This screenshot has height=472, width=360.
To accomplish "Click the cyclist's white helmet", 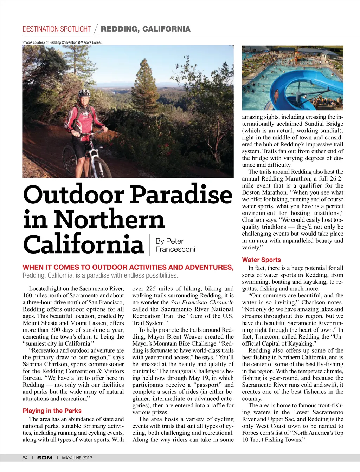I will coord(84,93).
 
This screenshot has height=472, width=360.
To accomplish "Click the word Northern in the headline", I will coord(109,219).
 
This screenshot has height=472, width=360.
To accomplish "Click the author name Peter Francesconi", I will coord(175,245).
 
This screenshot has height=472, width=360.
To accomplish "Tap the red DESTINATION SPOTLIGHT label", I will coord(57,29).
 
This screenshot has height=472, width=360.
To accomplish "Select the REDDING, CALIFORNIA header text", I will coord(146,29).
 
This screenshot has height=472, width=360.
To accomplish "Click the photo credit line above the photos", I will coord(62,42).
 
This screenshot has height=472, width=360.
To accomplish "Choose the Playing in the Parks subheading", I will coord(52,411).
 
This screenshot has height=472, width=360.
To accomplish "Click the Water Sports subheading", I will coord(261,260).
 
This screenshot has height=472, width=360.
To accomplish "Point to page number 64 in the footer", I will coord(25,458).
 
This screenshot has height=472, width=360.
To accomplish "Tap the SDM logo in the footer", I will coord(45,458).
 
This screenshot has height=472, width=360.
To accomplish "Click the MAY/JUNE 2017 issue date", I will coord(77,458).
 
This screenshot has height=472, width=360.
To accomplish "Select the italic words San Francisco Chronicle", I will coord(202,302).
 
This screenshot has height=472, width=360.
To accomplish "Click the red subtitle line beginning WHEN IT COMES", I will coord(128,267).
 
